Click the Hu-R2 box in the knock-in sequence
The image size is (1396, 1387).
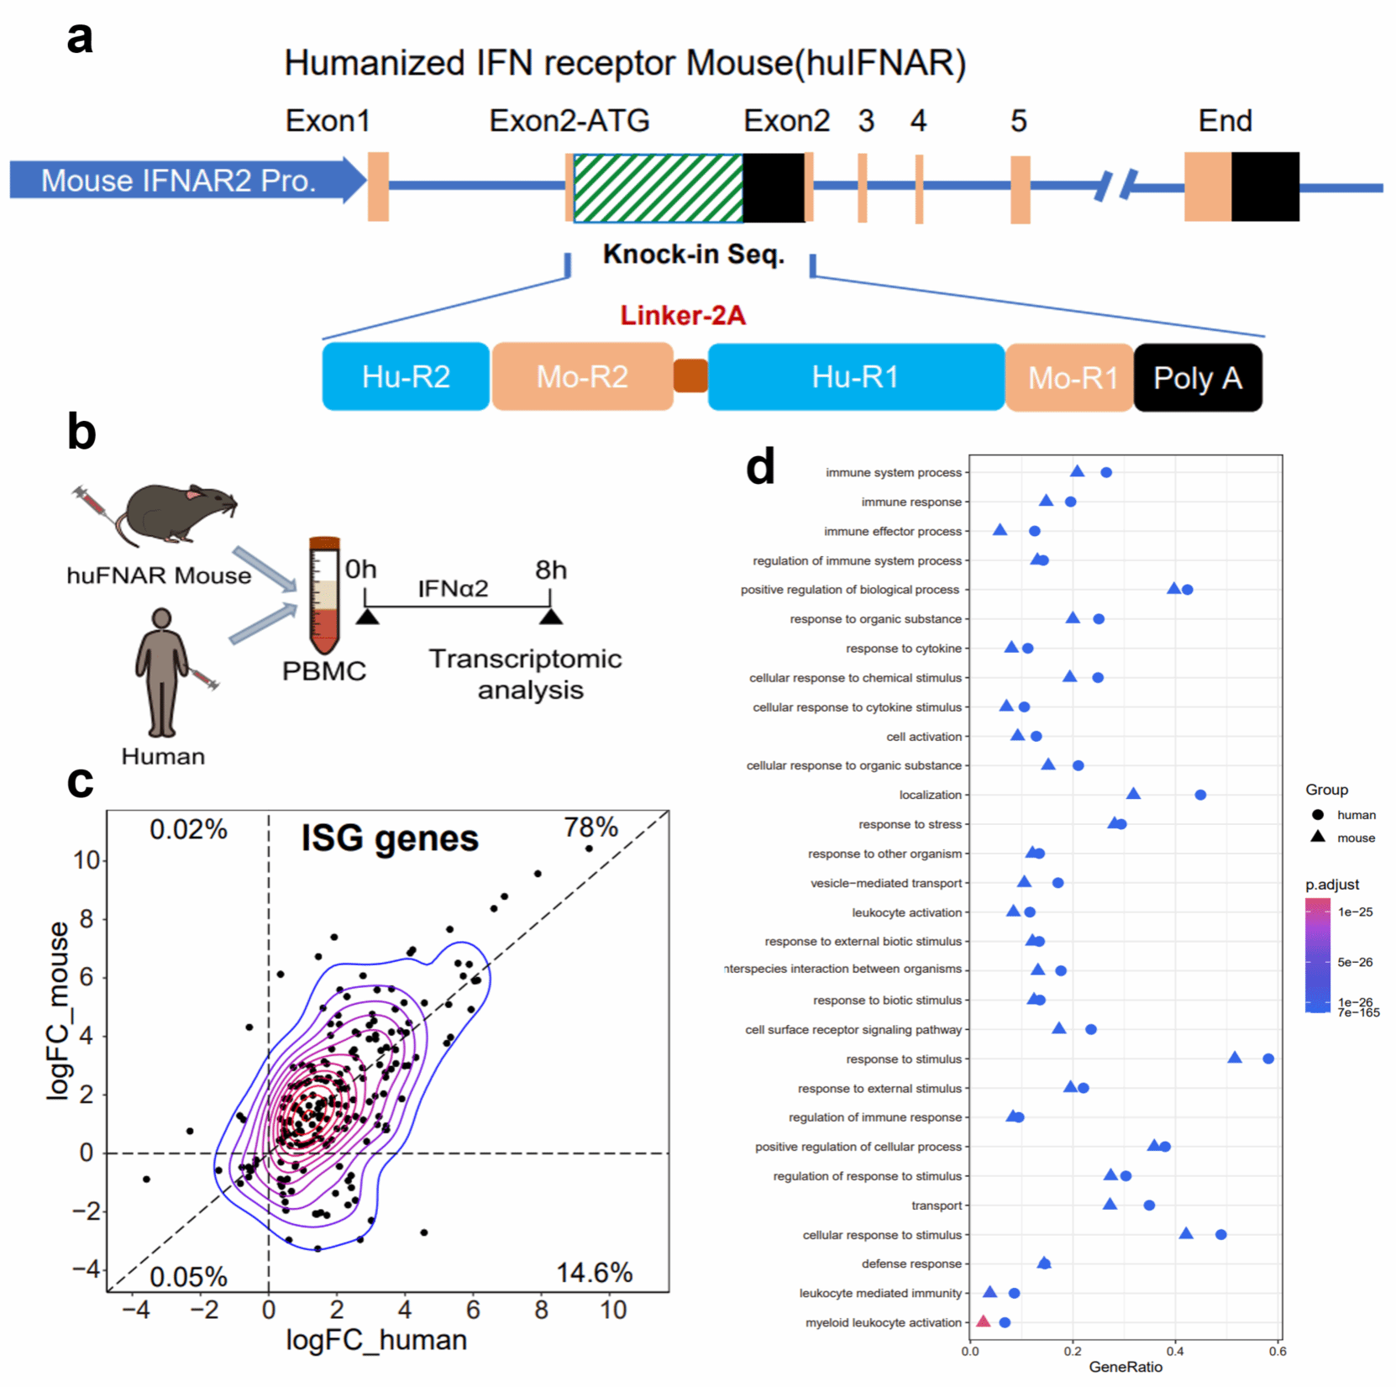pos(406,377)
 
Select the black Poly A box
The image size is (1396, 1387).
pos(1197,378)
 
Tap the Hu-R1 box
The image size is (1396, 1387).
pos(855,377)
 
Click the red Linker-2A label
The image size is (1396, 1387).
pos(683,316)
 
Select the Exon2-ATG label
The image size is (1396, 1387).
pos(569,121)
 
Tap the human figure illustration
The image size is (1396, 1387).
pos(162,672)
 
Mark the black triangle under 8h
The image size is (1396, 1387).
pos(551,617)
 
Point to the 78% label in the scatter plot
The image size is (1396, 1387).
pos(590,827)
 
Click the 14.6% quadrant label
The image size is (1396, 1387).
pos(594,1273)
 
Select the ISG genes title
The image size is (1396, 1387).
pos(390,838)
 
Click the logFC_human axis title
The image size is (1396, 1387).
pos(376,1340)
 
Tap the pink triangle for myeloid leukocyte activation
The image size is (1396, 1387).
pos(983,1321)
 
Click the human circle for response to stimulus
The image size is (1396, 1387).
pos(1268,1059)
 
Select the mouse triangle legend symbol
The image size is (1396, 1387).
pos(1318,837)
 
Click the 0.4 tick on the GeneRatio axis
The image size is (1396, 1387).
pos(1175,1352)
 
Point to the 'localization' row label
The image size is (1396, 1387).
pos(930,795)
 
